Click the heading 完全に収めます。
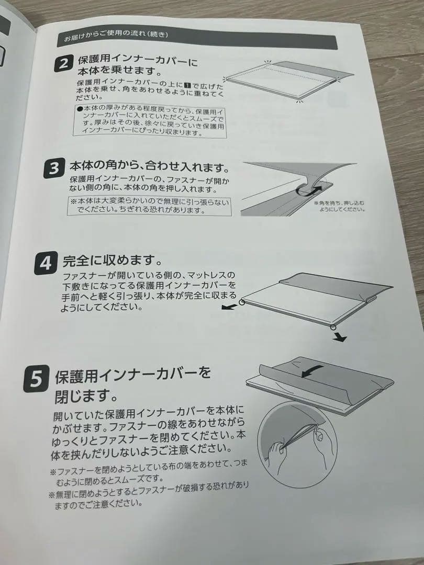111,259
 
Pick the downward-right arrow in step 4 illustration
340,338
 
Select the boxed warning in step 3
149,206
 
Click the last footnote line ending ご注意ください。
99,504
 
